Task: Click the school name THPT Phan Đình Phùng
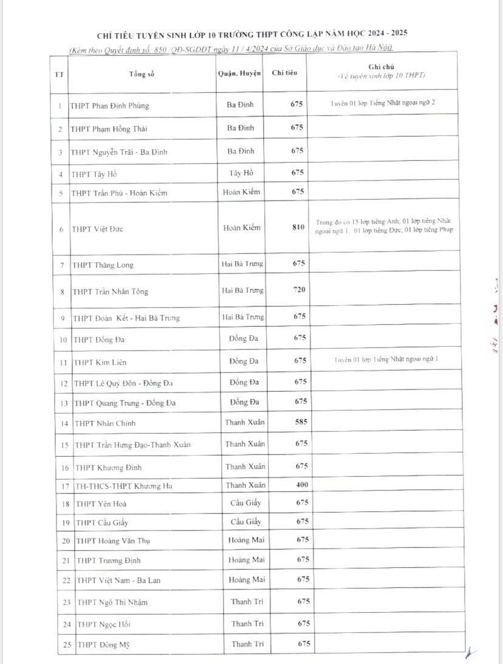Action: [109, 106]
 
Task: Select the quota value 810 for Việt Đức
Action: [298, 227]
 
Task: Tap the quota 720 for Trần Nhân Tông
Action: [299, 290]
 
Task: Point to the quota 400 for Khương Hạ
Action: [302, 485]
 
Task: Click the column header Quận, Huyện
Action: [239, 74]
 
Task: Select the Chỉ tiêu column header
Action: [284, 74]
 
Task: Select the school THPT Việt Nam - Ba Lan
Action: [118, 580]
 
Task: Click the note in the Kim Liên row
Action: [386, 360]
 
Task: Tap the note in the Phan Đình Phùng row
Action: [382, 103]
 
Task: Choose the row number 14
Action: [65, 423]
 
